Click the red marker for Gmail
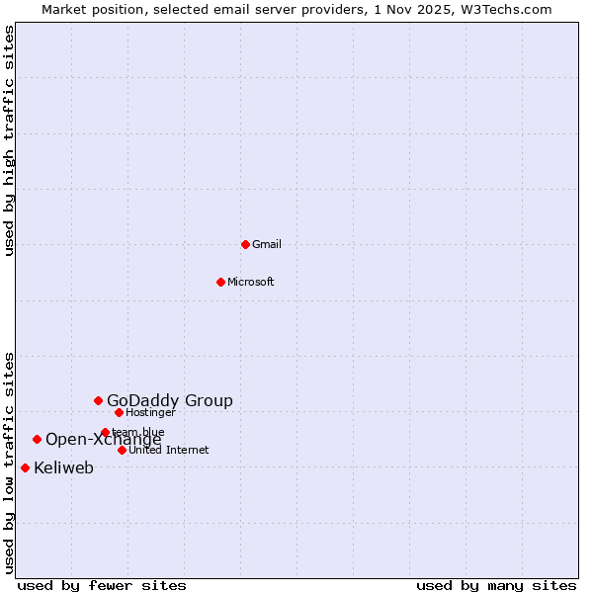[x=245, y=244]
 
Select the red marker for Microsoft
[x=220, y=282]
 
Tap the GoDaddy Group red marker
[x=98, y=400]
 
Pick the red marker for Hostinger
[x=119, y=412]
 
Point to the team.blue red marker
[x=105, y=432]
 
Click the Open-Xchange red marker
[x=37, y=439]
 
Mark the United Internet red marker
[x=122, y=450]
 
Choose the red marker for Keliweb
[x=25, y=467]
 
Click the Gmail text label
[x=267, y=244]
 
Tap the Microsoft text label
[x=251, y=282]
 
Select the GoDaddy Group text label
[x=170, y=400]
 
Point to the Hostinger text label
[x=150, y=412]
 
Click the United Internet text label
[x=169, y=450]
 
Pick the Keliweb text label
[x=64, y=467]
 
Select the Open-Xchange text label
[x=104, y=440]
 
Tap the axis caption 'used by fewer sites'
[x=102, y=585]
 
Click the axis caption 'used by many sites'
[x=496, y=585]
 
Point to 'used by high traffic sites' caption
[x=10, y=141]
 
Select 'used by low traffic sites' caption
[x=10, y=463]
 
